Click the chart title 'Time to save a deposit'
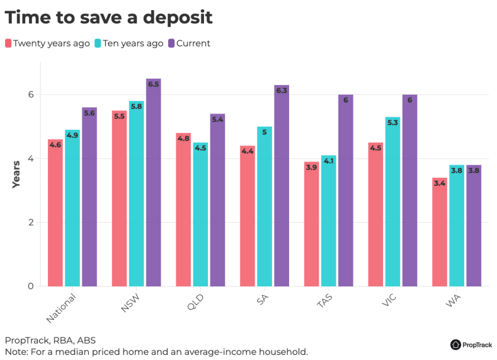(109, 18)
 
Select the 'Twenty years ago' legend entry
(48, 44)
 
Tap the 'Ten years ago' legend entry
(129, 44)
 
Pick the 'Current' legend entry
(190, 44)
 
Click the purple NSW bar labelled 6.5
(154, 183)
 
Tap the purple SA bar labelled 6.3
(282, 186)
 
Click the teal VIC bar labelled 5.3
(392, 202)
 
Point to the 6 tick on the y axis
(30, 95)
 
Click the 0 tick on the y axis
(30, 286)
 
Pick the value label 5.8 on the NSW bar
(137, 107)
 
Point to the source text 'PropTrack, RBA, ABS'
(50, 340)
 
